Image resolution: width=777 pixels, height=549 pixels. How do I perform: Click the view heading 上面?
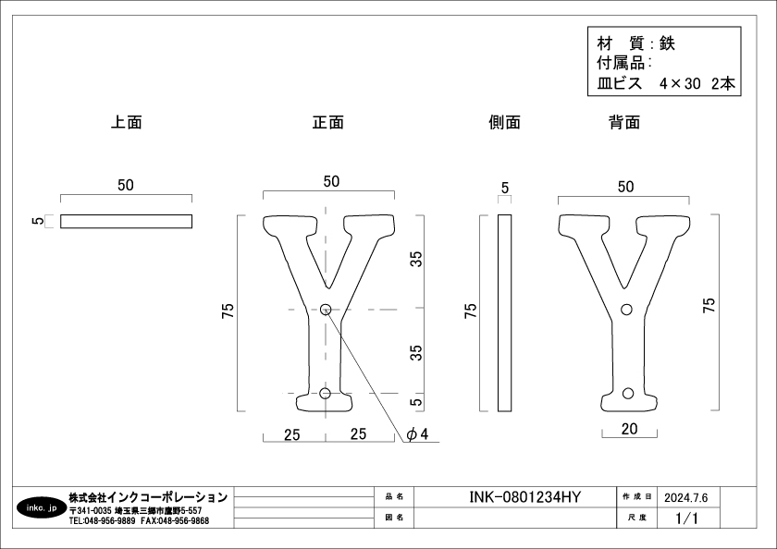[x=127, y=122]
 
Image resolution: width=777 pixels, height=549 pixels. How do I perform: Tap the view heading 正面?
[x=328, y=122]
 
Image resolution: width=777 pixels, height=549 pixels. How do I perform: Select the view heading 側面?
[x=504, y=122]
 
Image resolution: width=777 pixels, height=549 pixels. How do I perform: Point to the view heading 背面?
[x=624, y=122]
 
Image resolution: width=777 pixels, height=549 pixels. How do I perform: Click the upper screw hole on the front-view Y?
[x=326, y=310]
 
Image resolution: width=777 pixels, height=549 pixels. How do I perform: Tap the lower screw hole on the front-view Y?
[x=325, y=394]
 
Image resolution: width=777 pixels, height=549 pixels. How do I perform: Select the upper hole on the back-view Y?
[x=626, y=310]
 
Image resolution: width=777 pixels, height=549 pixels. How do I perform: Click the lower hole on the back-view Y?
[x=628, y=394]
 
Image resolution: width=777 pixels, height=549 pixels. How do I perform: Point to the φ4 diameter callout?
[x=417, y=434]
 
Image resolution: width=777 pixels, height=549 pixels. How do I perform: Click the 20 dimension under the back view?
[x=629, y=429]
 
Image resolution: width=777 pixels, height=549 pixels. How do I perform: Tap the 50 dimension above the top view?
[x=126, y=185]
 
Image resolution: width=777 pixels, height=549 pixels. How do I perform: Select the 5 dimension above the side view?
[x=504, y=189]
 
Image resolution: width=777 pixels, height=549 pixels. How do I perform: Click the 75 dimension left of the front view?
[x=228, y=311]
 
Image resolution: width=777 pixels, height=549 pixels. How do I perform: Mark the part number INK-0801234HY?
[x=524, y=497]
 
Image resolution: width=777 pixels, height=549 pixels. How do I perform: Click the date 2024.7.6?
[x=685, y=497]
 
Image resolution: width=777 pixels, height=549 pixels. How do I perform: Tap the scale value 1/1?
[x=686, y=518]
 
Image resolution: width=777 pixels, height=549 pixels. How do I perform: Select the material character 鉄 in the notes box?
[x=667, y=43]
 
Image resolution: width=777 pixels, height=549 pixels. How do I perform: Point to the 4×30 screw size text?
[x=680, y=84]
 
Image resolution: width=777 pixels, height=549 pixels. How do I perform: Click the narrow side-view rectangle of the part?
[x=504, y=313]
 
